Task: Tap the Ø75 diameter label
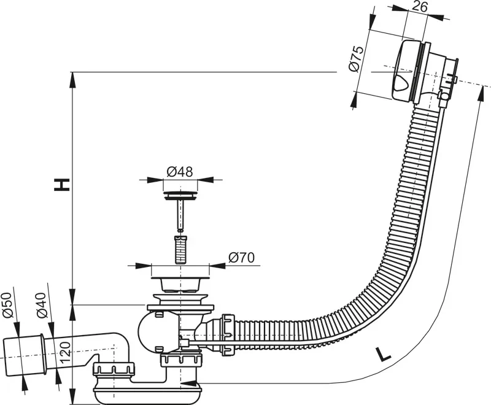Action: (357, 59)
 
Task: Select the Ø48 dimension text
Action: (180, 171)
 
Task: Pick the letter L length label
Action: (382, 355)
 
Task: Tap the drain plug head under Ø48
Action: (180, 196)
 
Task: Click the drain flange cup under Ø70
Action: (180, 283)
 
